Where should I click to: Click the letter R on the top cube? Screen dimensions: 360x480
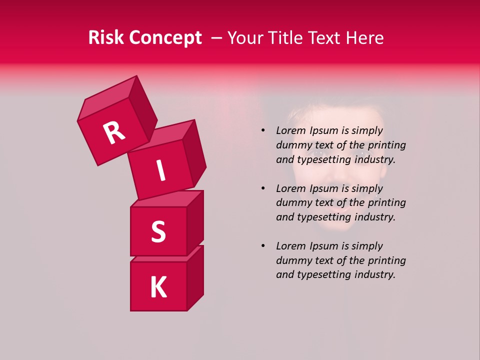point(114,133)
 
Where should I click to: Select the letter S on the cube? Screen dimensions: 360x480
point(158,231)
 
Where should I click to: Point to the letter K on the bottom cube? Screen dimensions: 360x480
point(158,287)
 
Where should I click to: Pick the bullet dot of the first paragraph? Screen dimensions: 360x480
point(262,130)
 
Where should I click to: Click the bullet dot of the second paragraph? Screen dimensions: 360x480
point(262,188)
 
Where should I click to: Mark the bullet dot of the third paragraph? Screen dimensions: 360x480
point(262,246)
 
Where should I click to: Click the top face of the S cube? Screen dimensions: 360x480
point(167,199)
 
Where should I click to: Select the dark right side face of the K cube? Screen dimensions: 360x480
point(195,277)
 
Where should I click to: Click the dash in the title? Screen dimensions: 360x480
point(217,38)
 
